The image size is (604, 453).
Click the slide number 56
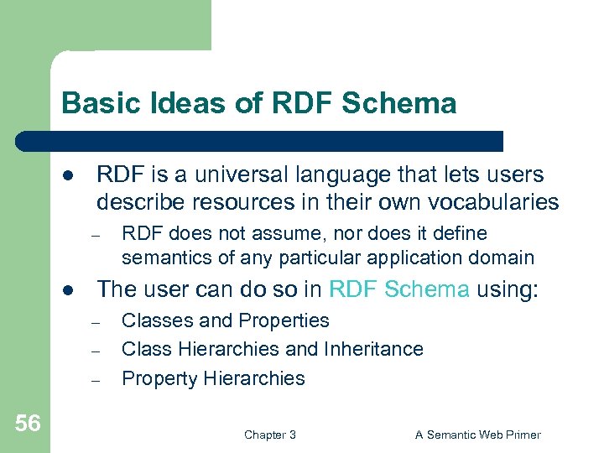tap(27, 424)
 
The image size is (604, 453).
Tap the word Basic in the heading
tap(93, 103)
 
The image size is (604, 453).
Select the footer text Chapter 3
tap(269, 435)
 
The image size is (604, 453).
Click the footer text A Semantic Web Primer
tap(478, 435)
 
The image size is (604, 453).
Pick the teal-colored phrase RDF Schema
tap(398, 289)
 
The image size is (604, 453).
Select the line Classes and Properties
tap(226, 320)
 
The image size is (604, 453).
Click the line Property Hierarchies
tap(213, 378)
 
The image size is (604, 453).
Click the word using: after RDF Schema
tap(509, 289)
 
